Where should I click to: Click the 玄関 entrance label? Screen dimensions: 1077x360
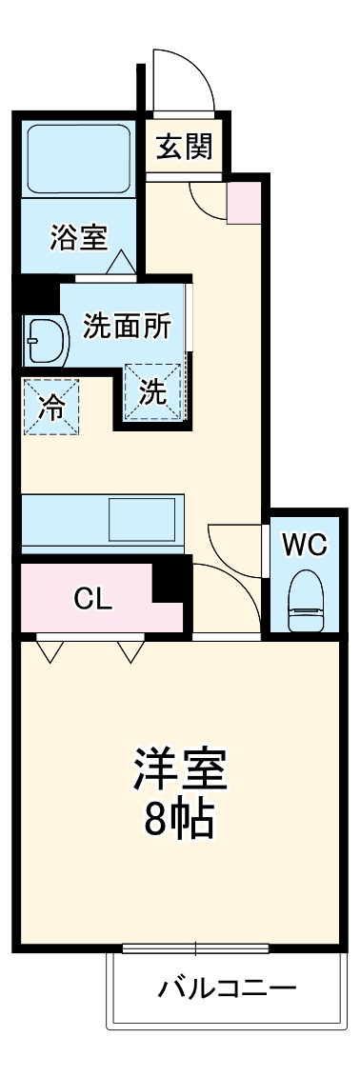pos(185,148)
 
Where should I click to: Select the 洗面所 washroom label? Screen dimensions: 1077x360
pos(127,326)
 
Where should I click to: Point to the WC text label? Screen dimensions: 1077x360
pos(305,545)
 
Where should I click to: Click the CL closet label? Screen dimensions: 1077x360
pos(94,599)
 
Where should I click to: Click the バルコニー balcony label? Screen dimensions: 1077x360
pos(227,987)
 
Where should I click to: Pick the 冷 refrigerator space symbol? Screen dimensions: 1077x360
pos(51,408)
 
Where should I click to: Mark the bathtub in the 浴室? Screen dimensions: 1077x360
pos(79,158)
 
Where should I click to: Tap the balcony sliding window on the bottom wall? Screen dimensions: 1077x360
pos(196,948)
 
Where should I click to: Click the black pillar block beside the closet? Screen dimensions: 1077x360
pos(171,580)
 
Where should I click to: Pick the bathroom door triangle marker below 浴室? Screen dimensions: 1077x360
pos(121,263)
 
